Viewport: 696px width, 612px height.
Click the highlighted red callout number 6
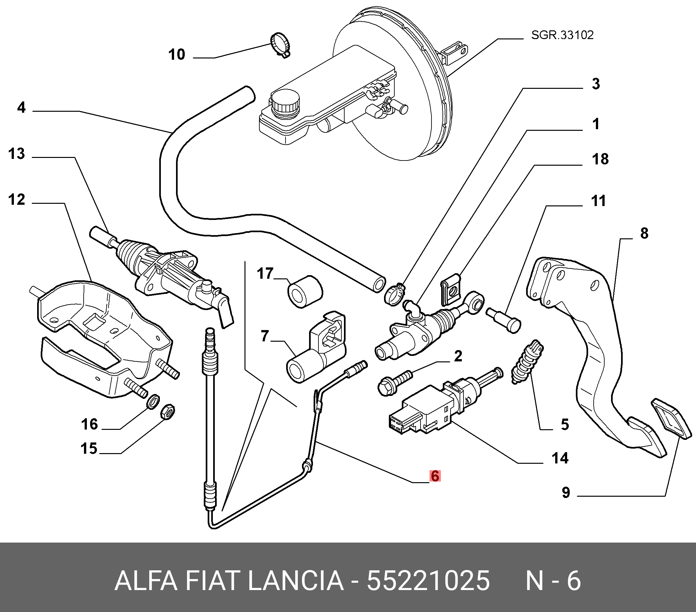point(435,476)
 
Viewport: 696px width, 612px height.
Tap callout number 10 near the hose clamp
point(177,55)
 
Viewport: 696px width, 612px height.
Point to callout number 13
point(17,154)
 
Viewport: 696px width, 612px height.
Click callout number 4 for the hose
point(21,108)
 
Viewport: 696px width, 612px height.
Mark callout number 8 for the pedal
point(644,233)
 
